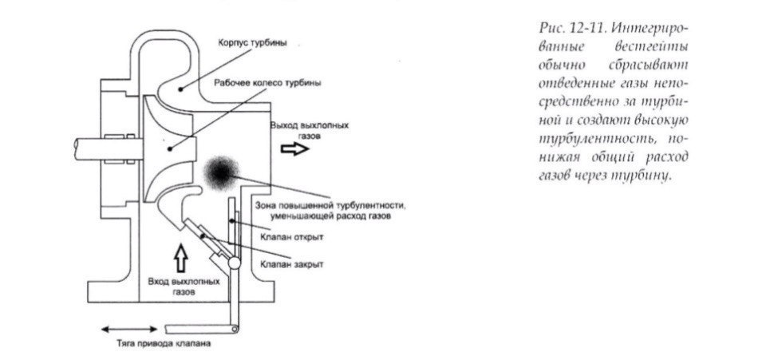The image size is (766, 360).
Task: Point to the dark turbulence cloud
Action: pyautogui.click(x=221, y=169)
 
